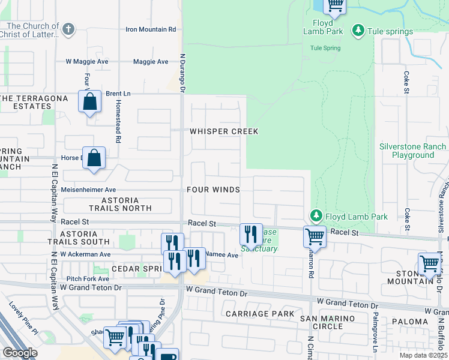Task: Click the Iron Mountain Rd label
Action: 151,29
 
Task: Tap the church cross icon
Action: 68,28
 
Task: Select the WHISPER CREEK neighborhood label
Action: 224,131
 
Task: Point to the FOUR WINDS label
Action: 213,190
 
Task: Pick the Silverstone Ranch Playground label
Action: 413,151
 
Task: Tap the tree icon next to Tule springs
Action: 358,30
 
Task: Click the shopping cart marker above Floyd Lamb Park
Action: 335,5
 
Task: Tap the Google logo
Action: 20,352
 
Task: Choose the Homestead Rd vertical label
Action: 118,127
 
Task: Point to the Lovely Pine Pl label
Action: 23,323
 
